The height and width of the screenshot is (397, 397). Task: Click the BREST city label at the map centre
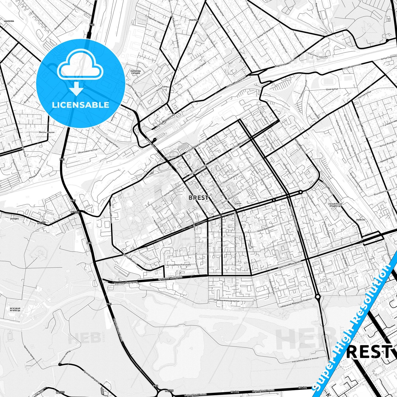(x=198, y=198)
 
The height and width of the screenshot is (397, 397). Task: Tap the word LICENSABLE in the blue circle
(x=80, y=105)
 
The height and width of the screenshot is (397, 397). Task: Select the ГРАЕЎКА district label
(x=193, y=20)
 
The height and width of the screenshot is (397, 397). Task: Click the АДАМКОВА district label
(x=9, y=20)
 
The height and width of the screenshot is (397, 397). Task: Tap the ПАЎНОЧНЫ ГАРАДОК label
(x=136, y=72)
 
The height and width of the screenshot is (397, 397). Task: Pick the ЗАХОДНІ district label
(x=14, y=219)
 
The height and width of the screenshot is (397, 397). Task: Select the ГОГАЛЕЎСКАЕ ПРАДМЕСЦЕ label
(x=335, y=205)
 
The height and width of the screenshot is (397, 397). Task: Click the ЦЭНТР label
(x=238, y=204)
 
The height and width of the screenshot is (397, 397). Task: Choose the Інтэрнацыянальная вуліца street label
(x=226, y=301)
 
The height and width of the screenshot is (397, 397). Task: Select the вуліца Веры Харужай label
(x=178, y=264)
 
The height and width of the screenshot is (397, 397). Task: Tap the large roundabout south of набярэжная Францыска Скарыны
(x=318, y=297)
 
